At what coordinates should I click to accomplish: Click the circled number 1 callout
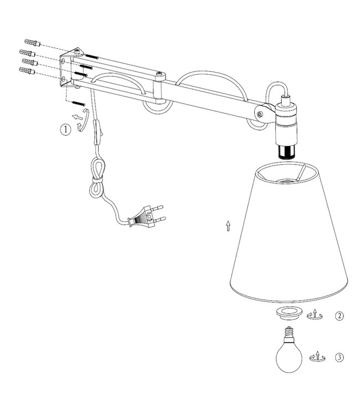66,130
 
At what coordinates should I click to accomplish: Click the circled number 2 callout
339,317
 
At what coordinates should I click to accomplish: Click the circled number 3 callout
339,357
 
